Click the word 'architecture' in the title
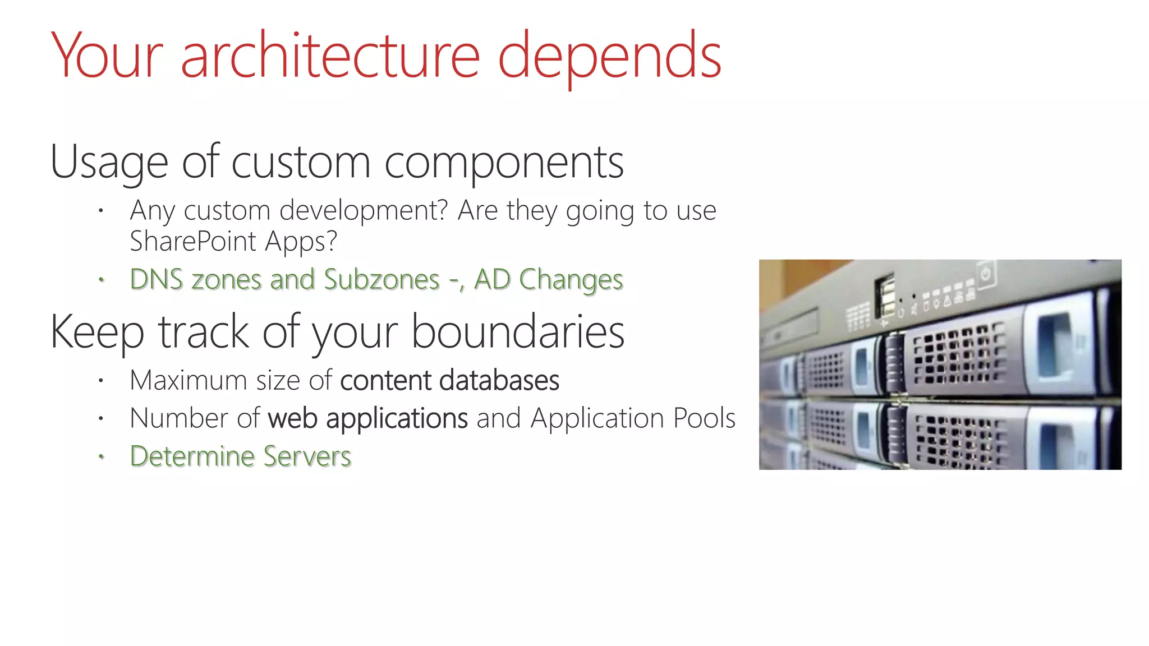(x=330, y=56)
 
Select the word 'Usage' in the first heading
(x=109, y=163)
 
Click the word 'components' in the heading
(x=504, y=163)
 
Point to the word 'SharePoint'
(x=193, y=242)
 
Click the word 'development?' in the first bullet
(x=364, y=211)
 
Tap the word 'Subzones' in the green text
(x=382, y=279)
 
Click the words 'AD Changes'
(x=548, y=279)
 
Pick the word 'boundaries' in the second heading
(x=517, y=332)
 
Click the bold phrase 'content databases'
(x=449, y=381)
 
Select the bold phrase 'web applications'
(x=367, y=419)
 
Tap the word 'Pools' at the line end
(x=704, y=418)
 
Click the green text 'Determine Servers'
(x=240, y=456)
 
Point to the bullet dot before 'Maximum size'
(x=101, y=381)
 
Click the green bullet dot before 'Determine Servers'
(x=101, y=456)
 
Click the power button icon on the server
(x=986, y=274)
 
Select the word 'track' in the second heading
(x=203, y=332)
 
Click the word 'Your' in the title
(x=107, y=56)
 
